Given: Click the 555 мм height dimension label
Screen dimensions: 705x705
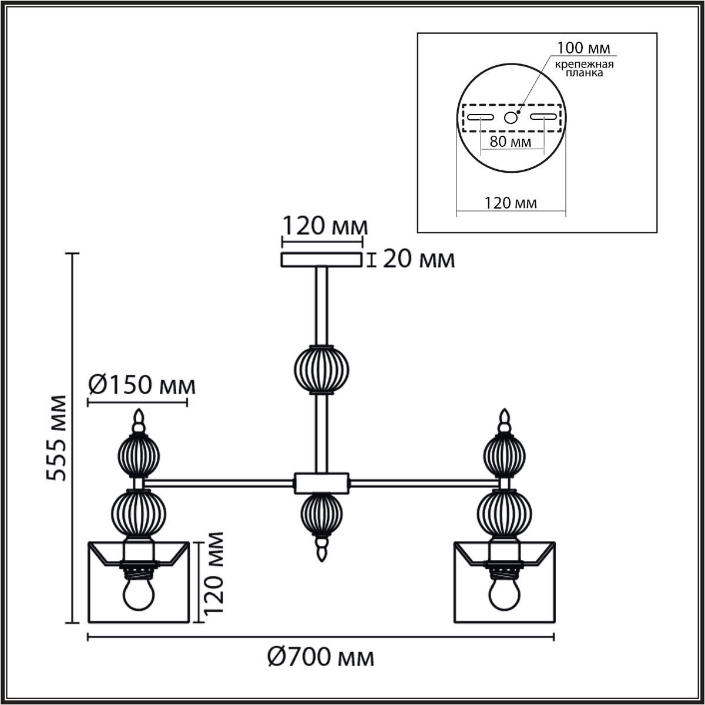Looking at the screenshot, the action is [x=56, y=438].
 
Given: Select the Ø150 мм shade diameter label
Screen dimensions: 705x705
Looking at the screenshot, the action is [x=142, y=385].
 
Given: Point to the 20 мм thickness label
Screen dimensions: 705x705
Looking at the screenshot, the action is [x=418, y=260].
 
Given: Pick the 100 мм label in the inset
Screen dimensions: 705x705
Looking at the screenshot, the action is [x=583, y=48].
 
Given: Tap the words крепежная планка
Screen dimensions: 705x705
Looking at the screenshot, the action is [x=584, y=69].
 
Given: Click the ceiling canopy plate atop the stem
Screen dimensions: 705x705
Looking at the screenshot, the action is [x=321, y=260].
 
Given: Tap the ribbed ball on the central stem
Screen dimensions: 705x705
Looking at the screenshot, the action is [x=321, y=370].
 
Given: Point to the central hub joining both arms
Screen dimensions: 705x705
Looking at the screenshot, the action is [x=321, y=484].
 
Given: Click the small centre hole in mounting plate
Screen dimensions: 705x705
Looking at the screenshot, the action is [x=511, y=117].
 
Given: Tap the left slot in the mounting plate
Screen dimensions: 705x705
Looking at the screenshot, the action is [x=481, y=117].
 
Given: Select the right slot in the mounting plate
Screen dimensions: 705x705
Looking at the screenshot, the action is [x=543, y=117].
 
